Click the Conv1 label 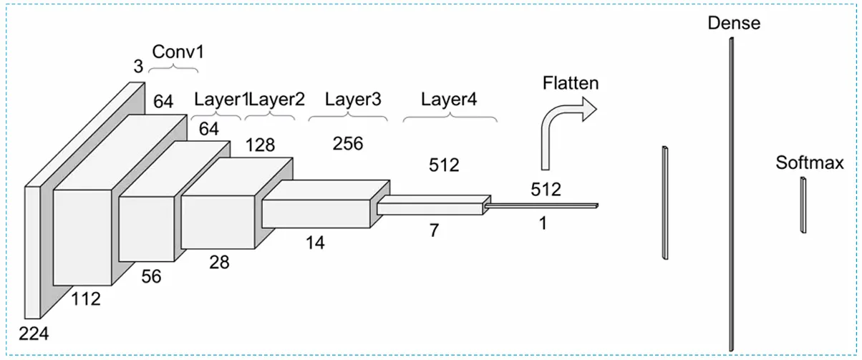pyautogui.click(x=173, y=52)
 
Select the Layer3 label pyautogui.click(x=353, y=99)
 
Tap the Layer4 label pyautogui.click(x=448, y=99)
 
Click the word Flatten pyautogui.click(x=570, y=83)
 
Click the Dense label pyautogui.click(x=733, y=23)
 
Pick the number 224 pyautogui.click(x=33, y=333)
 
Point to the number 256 pyautogui.click(x=348, y=143)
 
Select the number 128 pyautogui.click(x=260, y=145)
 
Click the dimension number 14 pyautogui.click(x=315, y=243)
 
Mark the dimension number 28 pyautogui.click(x=219, y=263)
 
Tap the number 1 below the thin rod pyautogui.click(x=542, y=223)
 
